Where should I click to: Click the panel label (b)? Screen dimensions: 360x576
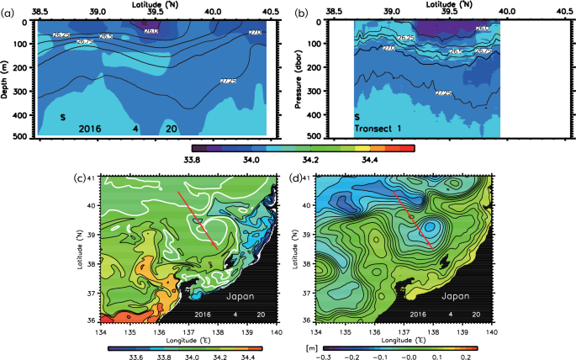point(300,8)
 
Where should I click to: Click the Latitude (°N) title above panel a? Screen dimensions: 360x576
point(152,5)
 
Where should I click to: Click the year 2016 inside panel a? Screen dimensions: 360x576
point(90,129)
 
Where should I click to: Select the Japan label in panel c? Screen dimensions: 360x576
point(244,297)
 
